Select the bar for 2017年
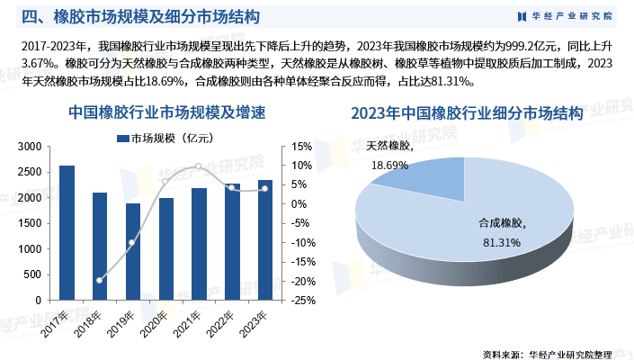coord(67,233)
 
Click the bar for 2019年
coord(133,252)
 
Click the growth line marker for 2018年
coord(100,281)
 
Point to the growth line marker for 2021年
coord(199,166)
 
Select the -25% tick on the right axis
coord(301,301)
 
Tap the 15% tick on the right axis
coord(301,147)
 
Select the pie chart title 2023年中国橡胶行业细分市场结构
coord(467,113)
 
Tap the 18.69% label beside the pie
coord(389,165)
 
